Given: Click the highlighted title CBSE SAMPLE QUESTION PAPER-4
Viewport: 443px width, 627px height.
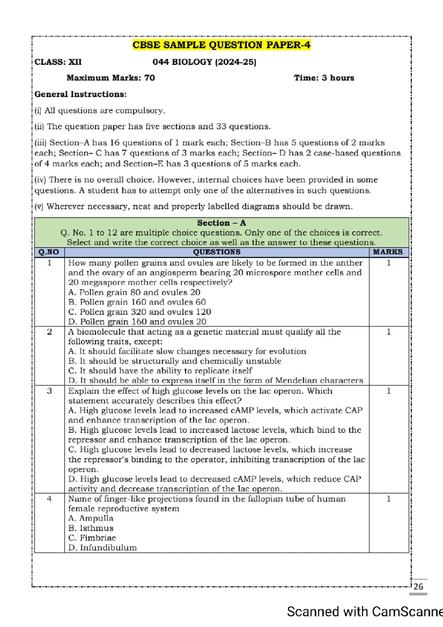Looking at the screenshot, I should click(221, 45).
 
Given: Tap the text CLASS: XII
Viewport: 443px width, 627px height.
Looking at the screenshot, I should click(58, 62).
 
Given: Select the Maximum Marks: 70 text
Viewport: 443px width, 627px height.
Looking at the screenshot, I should click(110, 78).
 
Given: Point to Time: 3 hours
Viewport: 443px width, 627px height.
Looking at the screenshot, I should click(324, 78).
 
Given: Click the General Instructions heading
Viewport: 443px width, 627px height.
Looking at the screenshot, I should click(80, 94).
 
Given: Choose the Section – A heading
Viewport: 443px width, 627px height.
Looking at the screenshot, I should click(221, 223).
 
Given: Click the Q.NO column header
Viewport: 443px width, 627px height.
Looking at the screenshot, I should click(49, 252).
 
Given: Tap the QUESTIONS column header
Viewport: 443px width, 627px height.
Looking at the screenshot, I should click(217, 252).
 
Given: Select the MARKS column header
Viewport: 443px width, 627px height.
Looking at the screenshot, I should click(388, 252).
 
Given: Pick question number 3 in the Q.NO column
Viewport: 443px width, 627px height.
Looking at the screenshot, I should click(49, 391).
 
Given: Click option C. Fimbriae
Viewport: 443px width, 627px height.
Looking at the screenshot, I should click(92, 538).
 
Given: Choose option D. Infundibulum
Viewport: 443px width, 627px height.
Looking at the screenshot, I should click(102, 548).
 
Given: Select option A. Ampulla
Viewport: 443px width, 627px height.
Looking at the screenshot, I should click(91, 518).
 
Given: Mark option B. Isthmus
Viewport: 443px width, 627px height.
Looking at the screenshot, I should click(91, 528).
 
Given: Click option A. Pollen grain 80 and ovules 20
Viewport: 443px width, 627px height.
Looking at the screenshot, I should click(134, 292).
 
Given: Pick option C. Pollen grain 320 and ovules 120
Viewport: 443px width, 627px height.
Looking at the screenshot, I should click(140, 312).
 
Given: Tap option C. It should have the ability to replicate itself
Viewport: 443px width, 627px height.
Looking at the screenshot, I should click(160, 371).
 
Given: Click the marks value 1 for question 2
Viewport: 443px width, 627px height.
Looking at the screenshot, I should click(388, 332).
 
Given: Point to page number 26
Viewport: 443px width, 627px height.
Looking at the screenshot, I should click(418, 587).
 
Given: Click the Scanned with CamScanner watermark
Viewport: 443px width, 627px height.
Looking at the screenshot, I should click(365, 612).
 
